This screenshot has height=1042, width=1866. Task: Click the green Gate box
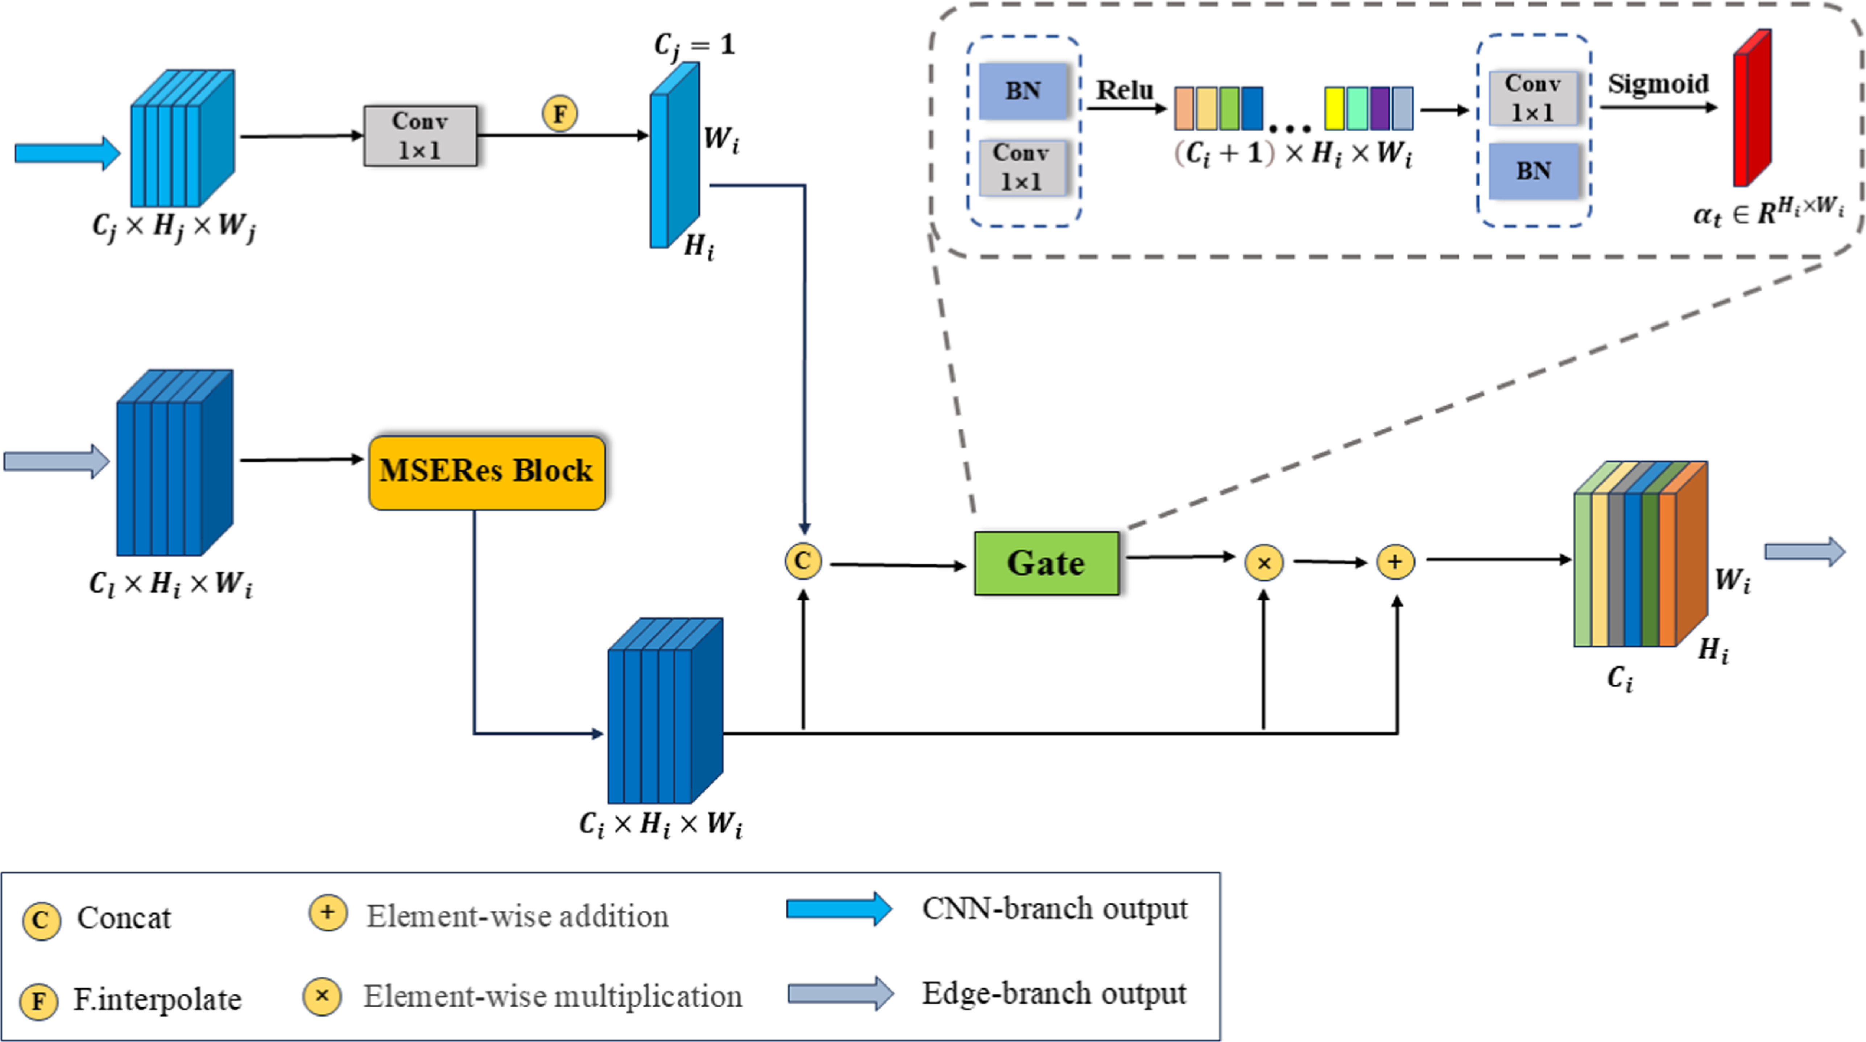pos(1046,563)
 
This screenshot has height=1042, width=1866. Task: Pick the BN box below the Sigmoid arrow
pos(1533,171)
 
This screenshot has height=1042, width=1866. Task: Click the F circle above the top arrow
pos(560,114)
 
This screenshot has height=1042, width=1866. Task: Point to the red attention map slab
pos(1751,109)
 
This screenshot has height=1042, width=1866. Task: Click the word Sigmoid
pos(1658,84)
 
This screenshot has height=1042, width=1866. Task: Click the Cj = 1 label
pos(694,45)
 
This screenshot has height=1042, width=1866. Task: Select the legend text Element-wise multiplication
pos(553,996)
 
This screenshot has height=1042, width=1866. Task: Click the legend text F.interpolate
pos(157,1000)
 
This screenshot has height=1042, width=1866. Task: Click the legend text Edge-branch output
pos(1054,993)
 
